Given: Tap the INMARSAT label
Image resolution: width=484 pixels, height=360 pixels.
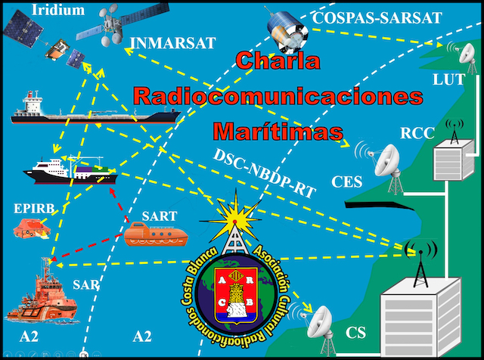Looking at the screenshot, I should (x=167, y=42).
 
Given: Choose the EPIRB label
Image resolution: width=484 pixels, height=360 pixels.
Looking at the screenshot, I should (x=32, y=205).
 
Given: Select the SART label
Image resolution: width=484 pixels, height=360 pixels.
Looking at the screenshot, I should (x=160, y=215).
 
